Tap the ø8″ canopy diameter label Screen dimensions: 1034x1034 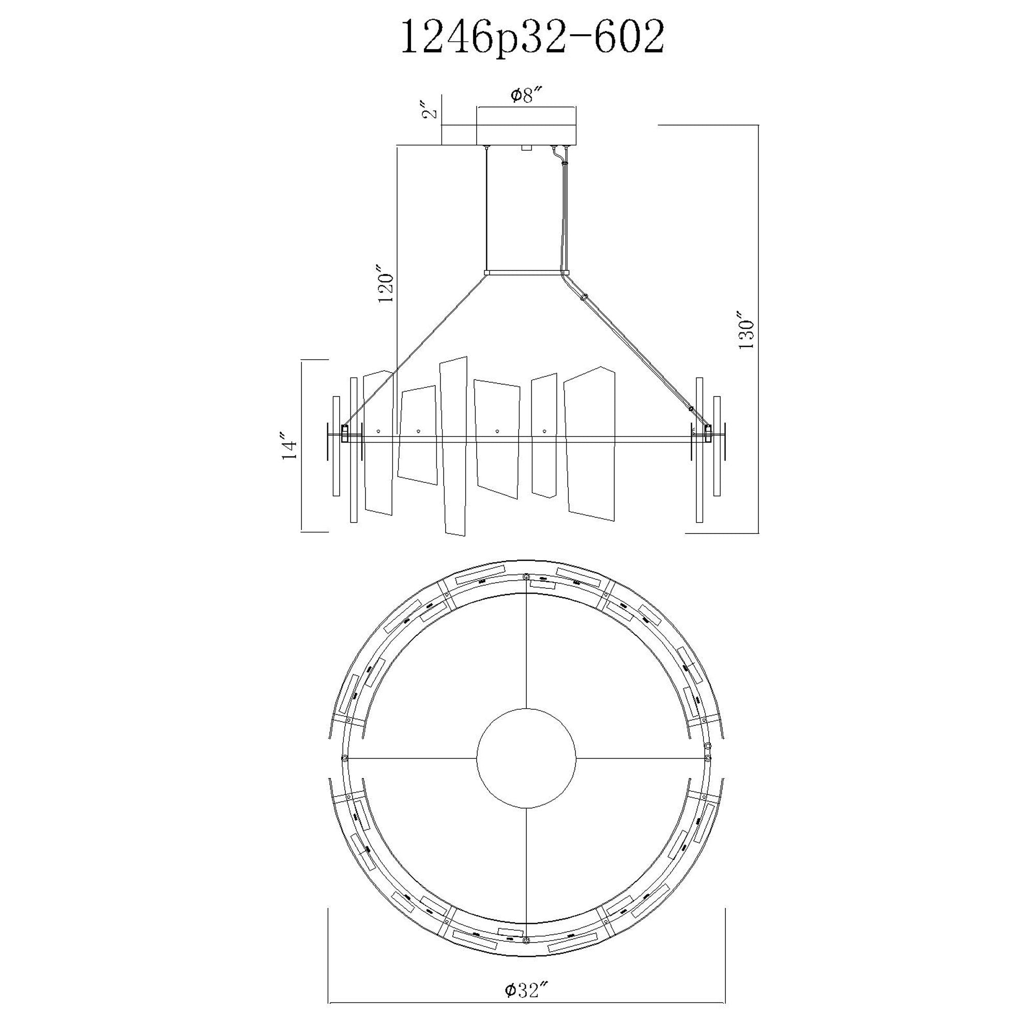click(x=527, y=96)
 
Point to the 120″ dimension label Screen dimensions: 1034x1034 click(x=386, y=283)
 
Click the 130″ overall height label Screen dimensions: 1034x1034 click(x=746, y=330)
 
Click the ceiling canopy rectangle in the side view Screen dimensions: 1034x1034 click(x=527, y=126)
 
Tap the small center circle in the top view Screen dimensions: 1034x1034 click(x=527, y=758)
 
